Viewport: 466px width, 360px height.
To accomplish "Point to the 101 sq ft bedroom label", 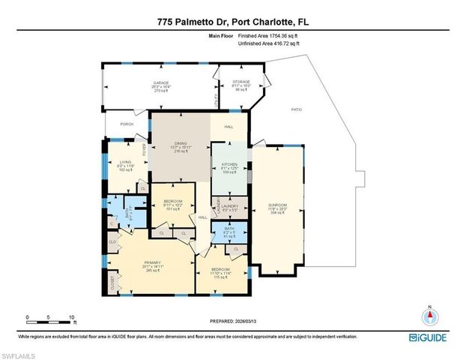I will [174, 201].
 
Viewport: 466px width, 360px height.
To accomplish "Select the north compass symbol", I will [429, 313].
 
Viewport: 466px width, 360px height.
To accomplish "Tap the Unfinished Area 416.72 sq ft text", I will [267, 43].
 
